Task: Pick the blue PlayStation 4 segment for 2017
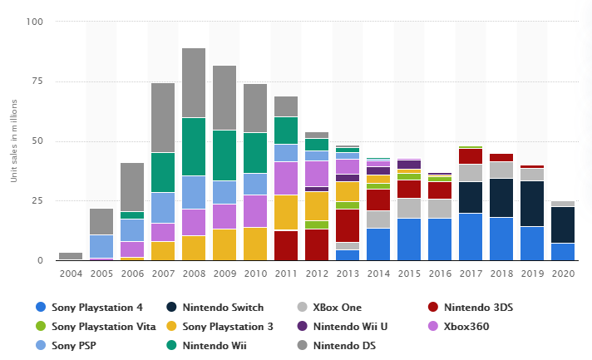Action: click(x=471, y=237)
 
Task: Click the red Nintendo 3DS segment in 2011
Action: click(x=286, y=245)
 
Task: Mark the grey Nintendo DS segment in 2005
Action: click(x=101, y=221)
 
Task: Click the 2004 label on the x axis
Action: click(x=71, y=273)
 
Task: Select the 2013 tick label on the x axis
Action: click(x=348, y=273)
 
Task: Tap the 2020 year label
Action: click(x=563, y=273)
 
